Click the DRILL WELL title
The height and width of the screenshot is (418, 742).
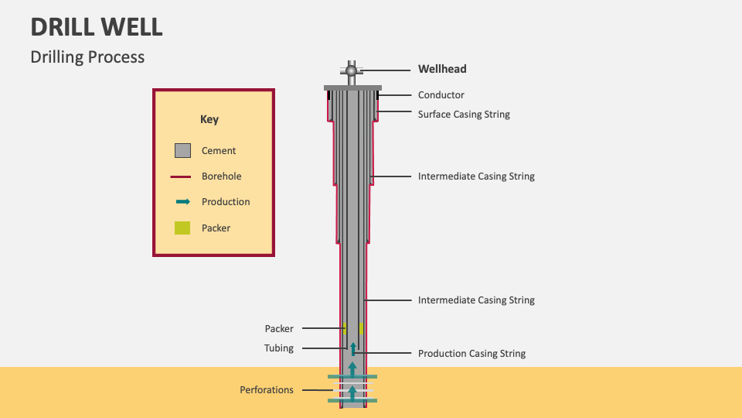tap(97, 27)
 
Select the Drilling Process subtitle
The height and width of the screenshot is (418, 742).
tap(87, 57)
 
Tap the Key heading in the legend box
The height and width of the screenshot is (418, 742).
tap(209, 119)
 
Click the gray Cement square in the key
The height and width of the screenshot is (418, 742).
tap(182, 150)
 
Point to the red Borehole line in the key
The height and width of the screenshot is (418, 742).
tap(181, 176)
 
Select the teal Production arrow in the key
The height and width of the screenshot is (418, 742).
tap(182, 202)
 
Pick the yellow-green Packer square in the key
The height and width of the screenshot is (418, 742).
tap(182, 228)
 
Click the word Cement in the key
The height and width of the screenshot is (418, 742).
tap(219, 151)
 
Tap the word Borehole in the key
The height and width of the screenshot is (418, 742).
tap(221, 176)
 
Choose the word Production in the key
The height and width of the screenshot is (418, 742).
tap(226, 202)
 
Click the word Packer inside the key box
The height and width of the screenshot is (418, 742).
tap(216, 228)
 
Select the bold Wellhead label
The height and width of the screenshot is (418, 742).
tap(442, 69)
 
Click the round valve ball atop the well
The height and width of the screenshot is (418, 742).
tap(352, 71)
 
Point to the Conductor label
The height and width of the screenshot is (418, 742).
tap(441, 95)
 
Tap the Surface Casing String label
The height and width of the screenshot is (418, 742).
tap(464, 115)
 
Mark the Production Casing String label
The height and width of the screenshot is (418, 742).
tap(471, 354)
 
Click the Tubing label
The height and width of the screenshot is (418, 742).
tap(279, 348)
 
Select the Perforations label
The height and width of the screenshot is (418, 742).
tap(267, 390)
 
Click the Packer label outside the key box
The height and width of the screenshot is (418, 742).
tap(279, 329)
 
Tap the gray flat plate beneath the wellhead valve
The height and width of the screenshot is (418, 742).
tap(352, 87)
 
